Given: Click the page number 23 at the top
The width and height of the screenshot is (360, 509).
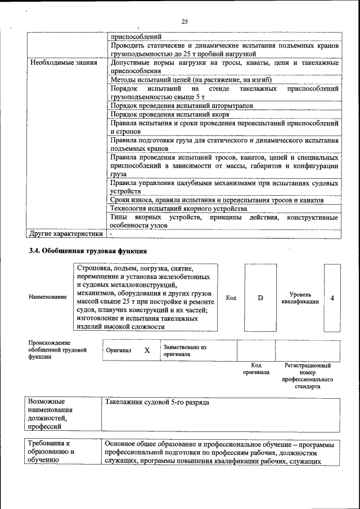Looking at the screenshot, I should point(184,22).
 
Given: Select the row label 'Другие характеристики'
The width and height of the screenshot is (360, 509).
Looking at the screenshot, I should point(66,233).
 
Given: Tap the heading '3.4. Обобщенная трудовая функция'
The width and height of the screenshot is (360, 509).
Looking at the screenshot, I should point(88,251).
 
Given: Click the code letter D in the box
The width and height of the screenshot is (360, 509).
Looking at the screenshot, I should point(260,298).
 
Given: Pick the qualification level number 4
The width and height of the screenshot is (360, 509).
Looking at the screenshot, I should point(332,298).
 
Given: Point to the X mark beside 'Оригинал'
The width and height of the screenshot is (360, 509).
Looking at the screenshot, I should point(147,350).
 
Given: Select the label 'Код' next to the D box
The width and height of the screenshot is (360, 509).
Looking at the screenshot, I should point(231,298).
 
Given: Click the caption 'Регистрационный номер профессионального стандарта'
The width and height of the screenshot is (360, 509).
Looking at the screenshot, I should point(307,376).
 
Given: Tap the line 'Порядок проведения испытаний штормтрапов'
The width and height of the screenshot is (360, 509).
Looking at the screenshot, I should point(181,105).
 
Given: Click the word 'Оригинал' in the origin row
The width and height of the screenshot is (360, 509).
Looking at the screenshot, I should point(119,350).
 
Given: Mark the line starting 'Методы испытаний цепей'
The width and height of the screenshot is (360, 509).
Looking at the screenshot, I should point(191,80).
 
